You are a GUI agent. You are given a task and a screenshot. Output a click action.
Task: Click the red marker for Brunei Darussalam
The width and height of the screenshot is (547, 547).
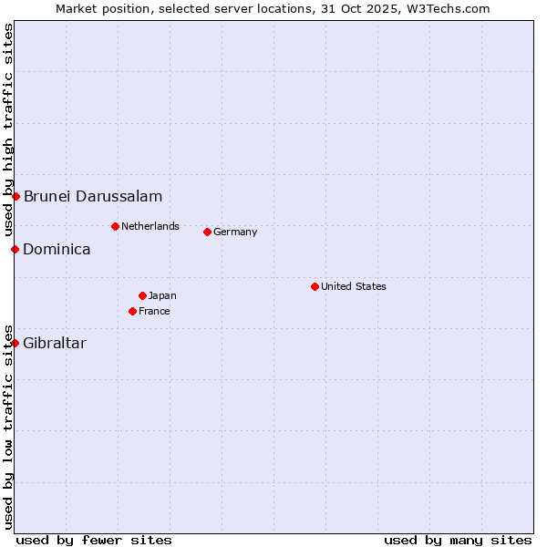tap(15, 196)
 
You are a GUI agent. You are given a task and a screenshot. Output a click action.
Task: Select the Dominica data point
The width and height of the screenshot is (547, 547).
tap(15, 249)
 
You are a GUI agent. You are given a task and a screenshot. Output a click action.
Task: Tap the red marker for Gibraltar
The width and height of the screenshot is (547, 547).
tap(15, 343)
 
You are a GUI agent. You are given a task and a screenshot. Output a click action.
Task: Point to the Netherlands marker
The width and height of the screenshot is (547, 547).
tap(115, 226)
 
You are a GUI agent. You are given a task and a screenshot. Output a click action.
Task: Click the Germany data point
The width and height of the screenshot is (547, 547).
tap(207, 232)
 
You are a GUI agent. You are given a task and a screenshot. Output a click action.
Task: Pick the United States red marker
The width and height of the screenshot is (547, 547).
tap(315, 286)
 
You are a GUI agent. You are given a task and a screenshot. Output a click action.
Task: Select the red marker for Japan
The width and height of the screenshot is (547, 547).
tap(142, 295)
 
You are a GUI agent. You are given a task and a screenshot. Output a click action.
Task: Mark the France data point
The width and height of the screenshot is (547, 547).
tap(133, 311)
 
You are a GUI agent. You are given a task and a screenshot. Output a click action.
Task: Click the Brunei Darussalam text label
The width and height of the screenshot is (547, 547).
tap(93, 196)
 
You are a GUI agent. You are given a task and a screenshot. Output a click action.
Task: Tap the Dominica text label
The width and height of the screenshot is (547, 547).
tap(57, 249)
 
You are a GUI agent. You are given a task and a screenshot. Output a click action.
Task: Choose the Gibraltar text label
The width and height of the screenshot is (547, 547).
tap(55, 343)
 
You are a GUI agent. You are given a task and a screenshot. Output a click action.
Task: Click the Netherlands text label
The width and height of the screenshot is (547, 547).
tap(150, 226)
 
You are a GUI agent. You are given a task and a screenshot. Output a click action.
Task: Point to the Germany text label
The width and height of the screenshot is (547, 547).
tap(235, 232)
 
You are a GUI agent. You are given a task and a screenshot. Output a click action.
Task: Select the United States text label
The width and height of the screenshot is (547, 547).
tap(354, 286)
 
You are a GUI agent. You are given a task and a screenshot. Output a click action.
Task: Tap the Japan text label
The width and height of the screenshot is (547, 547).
tap(162, 295)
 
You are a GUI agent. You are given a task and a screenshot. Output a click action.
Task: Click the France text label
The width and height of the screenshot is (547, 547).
tap(154, 311)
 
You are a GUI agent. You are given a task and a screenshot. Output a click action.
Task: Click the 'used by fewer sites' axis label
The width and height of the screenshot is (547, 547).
tap(94, 540)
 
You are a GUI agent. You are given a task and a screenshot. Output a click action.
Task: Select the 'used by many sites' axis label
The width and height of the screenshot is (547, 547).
tap(458, 540)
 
